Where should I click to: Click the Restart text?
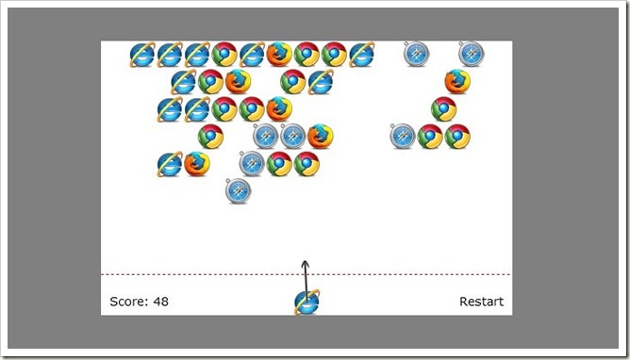pyautogui.click(x=481, y=302)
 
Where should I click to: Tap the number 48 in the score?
pyautogui.click(x=160, y=302)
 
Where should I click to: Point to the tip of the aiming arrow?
pyautogui.click(x=306, y=261)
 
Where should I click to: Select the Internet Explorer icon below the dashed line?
pyautogui.click(x=307, y=303)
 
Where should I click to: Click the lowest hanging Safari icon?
pyautogui.click(x=238, y=190)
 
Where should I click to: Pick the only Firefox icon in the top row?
pyautogui.click(x=279, y=54)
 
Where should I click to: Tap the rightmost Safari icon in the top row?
pyautogui.click(x=472, y=54)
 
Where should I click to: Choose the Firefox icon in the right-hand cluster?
pyautogui.click(x=457, y=81)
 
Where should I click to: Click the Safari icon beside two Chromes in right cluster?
pyautogui.click(x=403, y=136)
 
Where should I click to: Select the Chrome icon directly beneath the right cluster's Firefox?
pyautogui.click(x=444, y=108)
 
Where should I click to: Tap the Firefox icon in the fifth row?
pyautogui.click(x=197, y=164)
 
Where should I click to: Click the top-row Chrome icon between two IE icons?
pyautogui.click(x=224, y=54)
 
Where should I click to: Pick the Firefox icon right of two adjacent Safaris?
pyautogui.click(x=321, y=137)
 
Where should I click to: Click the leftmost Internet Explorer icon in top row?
pyautogui.click(x=142, y=54)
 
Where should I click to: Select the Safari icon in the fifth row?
pyautogui.click(x=252, y=163)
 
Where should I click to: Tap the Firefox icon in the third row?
pyautogui.click(x=279, y=109)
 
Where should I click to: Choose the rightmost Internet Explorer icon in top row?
pyautogui.click(x=361, y=54)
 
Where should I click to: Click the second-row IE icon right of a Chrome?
pyautogui.click(x=321, y=82)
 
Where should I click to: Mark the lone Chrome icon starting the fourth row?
pyautogui.click(x=210, y=137)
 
